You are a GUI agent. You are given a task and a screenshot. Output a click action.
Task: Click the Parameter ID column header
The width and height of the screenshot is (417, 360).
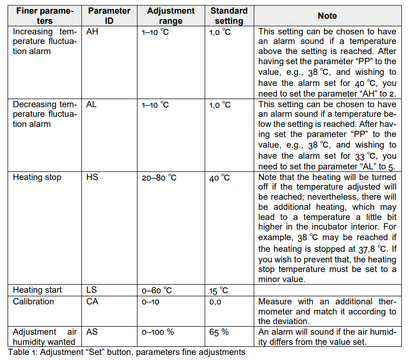[x=109, y=16]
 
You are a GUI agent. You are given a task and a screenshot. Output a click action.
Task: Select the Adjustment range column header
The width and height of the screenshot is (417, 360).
[x=170, y=16]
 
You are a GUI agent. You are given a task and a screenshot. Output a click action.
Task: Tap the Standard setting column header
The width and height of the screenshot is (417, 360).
[x=229, y=16]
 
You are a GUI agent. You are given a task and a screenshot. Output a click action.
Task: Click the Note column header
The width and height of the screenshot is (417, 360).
[x=327, y=16]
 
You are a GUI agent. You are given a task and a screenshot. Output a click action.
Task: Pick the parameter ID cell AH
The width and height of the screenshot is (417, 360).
[x=92, y=31]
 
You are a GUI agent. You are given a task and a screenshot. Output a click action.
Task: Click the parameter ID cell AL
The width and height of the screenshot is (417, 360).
[x=91, y=105]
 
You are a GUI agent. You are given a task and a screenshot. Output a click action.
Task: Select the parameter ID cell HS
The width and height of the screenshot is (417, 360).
[x=92, y=177]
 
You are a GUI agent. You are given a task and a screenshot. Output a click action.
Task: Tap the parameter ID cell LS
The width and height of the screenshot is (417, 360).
[x=91, y=290]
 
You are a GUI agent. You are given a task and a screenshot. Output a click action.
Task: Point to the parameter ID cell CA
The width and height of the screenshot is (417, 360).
[x=92, y=301]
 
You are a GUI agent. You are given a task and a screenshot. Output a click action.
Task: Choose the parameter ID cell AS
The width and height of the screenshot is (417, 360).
[x=92, y=332]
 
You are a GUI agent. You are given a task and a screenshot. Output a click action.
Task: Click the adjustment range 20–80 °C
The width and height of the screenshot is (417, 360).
[x=159, y=178]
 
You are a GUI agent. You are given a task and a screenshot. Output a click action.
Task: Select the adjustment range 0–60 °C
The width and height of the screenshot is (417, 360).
[x=157, y=291]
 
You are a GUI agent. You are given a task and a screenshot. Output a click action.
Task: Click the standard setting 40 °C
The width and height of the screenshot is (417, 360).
[x=219, y=178]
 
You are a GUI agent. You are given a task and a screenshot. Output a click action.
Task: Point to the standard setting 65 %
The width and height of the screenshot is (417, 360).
[x=219, y=332]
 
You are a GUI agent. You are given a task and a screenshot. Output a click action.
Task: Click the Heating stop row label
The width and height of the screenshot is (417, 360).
[x=37, y=177]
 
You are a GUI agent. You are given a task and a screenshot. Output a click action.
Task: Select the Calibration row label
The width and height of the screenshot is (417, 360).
[x=33, y=301]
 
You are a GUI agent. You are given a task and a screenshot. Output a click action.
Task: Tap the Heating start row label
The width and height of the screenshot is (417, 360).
[x=37, y=290]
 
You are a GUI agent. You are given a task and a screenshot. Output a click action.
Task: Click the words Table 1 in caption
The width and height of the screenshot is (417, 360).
[x=21, y=352]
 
